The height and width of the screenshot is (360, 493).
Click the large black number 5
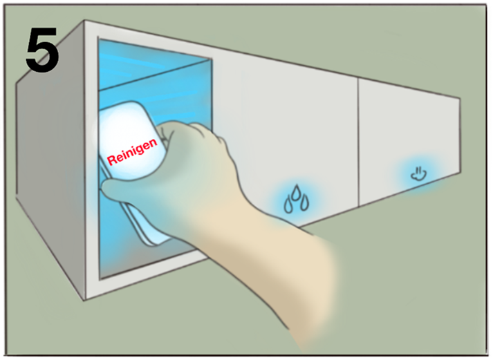41,49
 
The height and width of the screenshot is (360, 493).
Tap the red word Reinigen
132,152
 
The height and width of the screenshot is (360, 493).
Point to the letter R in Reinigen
111,160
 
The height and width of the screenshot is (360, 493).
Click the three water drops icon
296,199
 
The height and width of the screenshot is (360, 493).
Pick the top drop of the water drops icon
295,192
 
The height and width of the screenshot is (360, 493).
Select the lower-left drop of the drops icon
288,205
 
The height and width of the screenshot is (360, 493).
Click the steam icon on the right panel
419,174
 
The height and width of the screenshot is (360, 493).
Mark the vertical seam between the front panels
358,142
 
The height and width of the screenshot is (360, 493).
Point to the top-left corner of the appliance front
85,21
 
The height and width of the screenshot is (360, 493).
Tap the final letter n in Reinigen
153,143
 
